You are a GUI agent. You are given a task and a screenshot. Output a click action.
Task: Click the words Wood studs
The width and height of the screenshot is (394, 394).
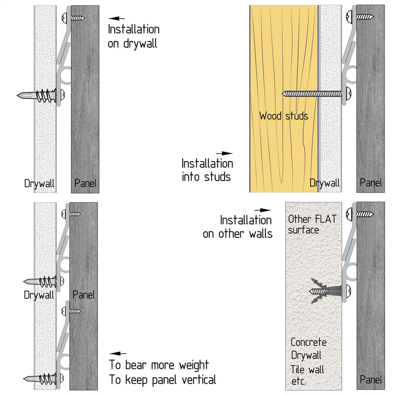pos(284,116)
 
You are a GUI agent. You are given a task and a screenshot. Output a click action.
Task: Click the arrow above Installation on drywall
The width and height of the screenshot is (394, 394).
pos(117,18)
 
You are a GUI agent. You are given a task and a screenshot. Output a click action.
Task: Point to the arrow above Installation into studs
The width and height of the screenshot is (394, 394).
pos(224,153)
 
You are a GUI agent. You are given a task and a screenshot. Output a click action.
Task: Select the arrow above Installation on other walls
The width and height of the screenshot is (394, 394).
pos(263,210)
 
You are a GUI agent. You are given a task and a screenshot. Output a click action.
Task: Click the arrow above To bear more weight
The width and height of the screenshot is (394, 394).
pos(118,354)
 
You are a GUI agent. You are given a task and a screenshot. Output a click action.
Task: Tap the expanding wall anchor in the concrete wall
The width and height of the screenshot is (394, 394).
pos(326,291)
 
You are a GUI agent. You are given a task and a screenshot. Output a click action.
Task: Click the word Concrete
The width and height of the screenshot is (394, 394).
pos(309,342)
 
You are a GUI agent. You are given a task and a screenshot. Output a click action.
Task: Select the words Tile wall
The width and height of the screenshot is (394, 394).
pos(307,370)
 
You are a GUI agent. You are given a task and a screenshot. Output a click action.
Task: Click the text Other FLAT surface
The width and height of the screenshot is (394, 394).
pos(312,225)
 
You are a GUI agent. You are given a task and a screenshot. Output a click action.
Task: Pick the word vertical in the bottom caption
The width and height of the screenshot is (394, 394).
pos(199,380)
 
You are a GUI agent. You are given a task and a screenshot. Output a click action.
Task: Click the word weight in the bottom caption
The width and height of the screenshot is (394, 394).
pos(194,365)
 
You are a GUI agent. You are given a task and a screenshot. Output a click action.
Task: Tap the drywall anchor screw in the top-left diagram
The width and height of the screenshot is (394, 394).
pos(41,96)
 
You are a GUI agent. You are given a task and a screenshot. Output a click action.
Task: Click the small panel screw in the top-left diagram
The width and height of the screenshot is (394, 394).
pos(73,18)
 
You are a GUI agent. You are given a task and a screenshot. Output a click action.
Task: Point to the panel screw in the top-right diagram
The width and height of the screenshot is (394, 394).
pos(360,17)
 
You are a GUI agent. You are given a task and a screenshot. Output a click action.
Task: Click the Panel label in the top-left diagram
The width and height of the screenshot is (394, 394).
pos(85,183)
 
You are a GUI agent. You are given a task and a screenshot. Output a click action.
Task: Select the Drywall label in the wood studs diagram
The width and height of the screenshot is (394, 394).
pos(325,183)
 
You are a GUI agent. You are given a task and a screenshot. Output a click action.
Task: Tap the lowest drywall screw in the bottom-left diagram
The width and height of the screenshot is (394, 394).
pos(43,378)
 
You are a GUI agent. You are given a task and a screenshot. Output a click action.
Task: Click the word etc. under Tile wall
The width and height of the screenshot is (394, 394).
pos(298,381)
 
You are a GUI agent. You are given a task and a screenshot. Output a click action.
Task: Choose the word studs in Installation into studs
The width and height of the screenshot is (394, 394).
pos(217,177)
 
